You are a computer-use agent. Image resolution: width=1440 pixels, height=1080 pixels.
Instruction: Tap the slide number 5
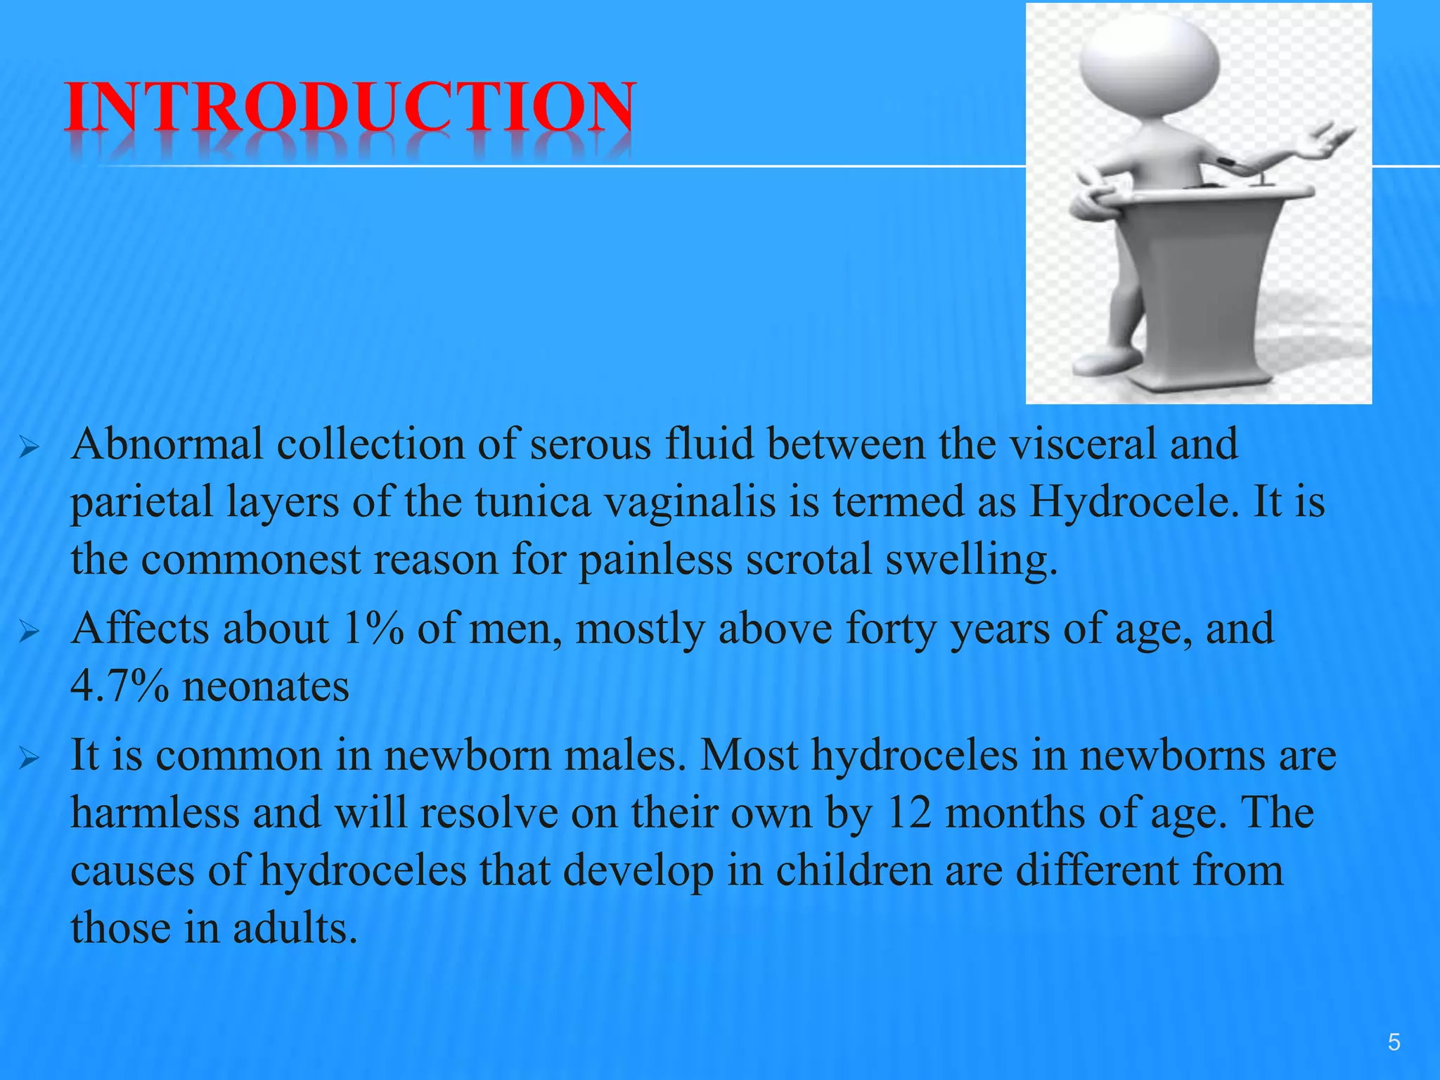[x=1394, y=1042]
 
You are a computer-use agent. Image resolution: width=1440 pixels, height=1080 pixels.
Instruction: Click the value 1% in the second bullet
[x=373, y=629]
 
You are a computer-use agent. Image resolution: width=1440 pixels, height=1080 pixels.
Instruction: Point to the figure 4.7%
[x=120, y=686]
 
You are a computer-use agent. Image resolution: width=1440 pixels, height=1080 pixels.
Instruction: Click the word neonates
[x=266, y=686]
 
